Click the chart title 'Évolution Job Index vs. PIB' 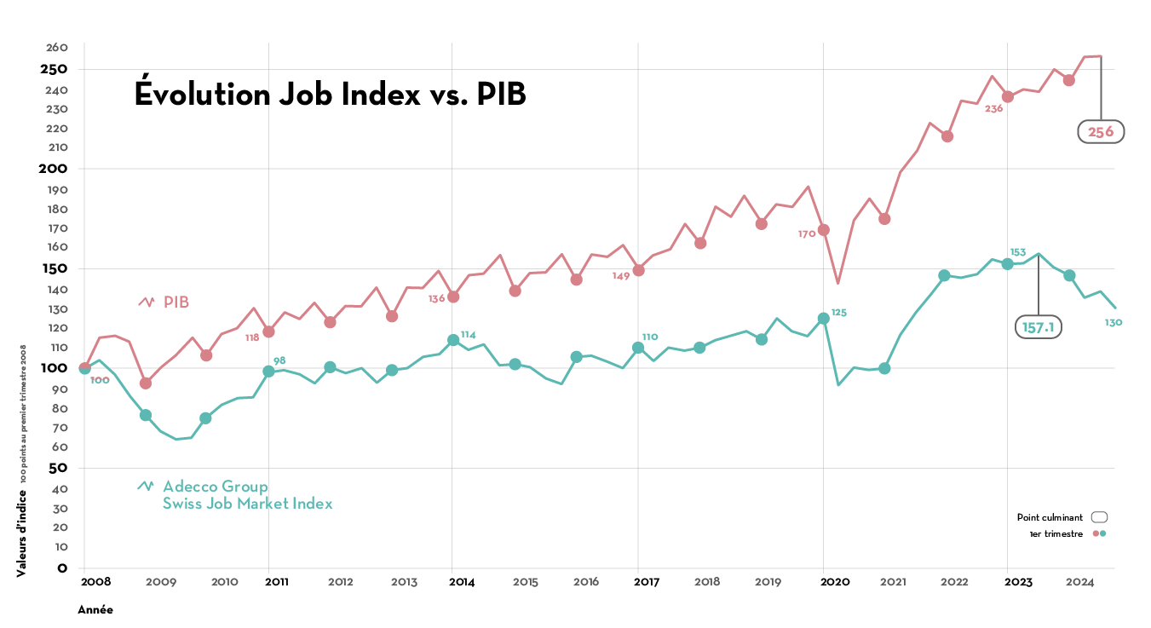(330, 95)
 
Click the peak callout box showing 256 (1101, 132)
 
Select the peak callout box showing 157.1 (1038, 327)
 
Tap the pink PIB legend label (176, 302)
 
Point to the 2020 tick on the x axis (835, 582)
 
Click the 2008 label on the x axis (95, 582)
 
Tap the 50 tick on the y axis (59, 469)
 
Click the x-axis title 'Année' (95, 610)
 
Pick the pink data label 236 (993, 108)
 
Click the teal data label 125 (839, 313)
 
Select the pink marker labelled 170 (824, 230)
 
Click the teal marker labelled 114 (453, 340)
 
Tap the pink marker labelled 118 (269, 331)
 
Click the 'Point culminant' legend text (1050, 517)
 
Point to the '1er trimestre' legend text (1056, 534)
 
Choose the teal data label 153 (1017, 252)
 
